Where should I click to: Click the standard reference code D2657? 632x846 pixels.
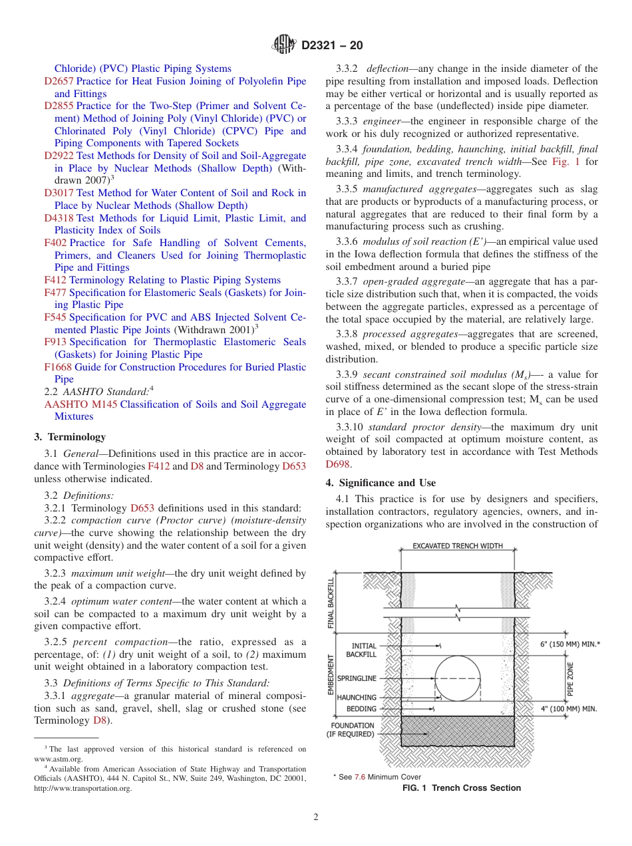[x=59, y=81]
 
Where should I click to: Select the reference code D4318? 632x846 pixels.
[x=59, y=218]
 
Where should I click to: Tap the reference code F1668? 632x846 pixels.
[x=57, y=367]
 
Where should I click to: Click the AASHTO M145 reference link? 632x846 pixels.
[x=80, y=404]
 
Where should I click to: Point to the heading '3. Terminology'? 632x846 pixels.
[x=70, y=437]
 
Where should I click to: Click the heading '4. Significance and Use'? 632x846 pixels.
[x=381, y=483]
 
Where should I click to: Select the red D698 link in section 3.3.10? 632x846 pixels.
[x=338, y=464]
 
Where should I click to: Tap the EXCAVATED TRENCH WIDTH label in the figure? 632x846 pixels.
[x=458, y=546]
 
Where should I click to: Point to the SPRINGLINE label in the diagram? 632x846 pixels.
[x=357, y=678]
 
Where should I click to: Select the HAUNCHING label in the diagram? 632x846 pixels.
[x=357, y=698]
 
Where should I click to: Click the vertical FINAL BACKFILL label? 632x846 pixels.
[x=331, y=603]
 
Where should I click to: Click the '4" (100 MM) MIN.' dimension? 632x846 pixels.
[x=569, y=709]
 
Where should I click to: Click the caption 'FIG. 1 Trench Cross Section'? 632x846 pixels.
[x=462, y=788]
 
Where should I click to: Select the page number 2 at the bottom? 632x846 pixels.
[x=316, y=817]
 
